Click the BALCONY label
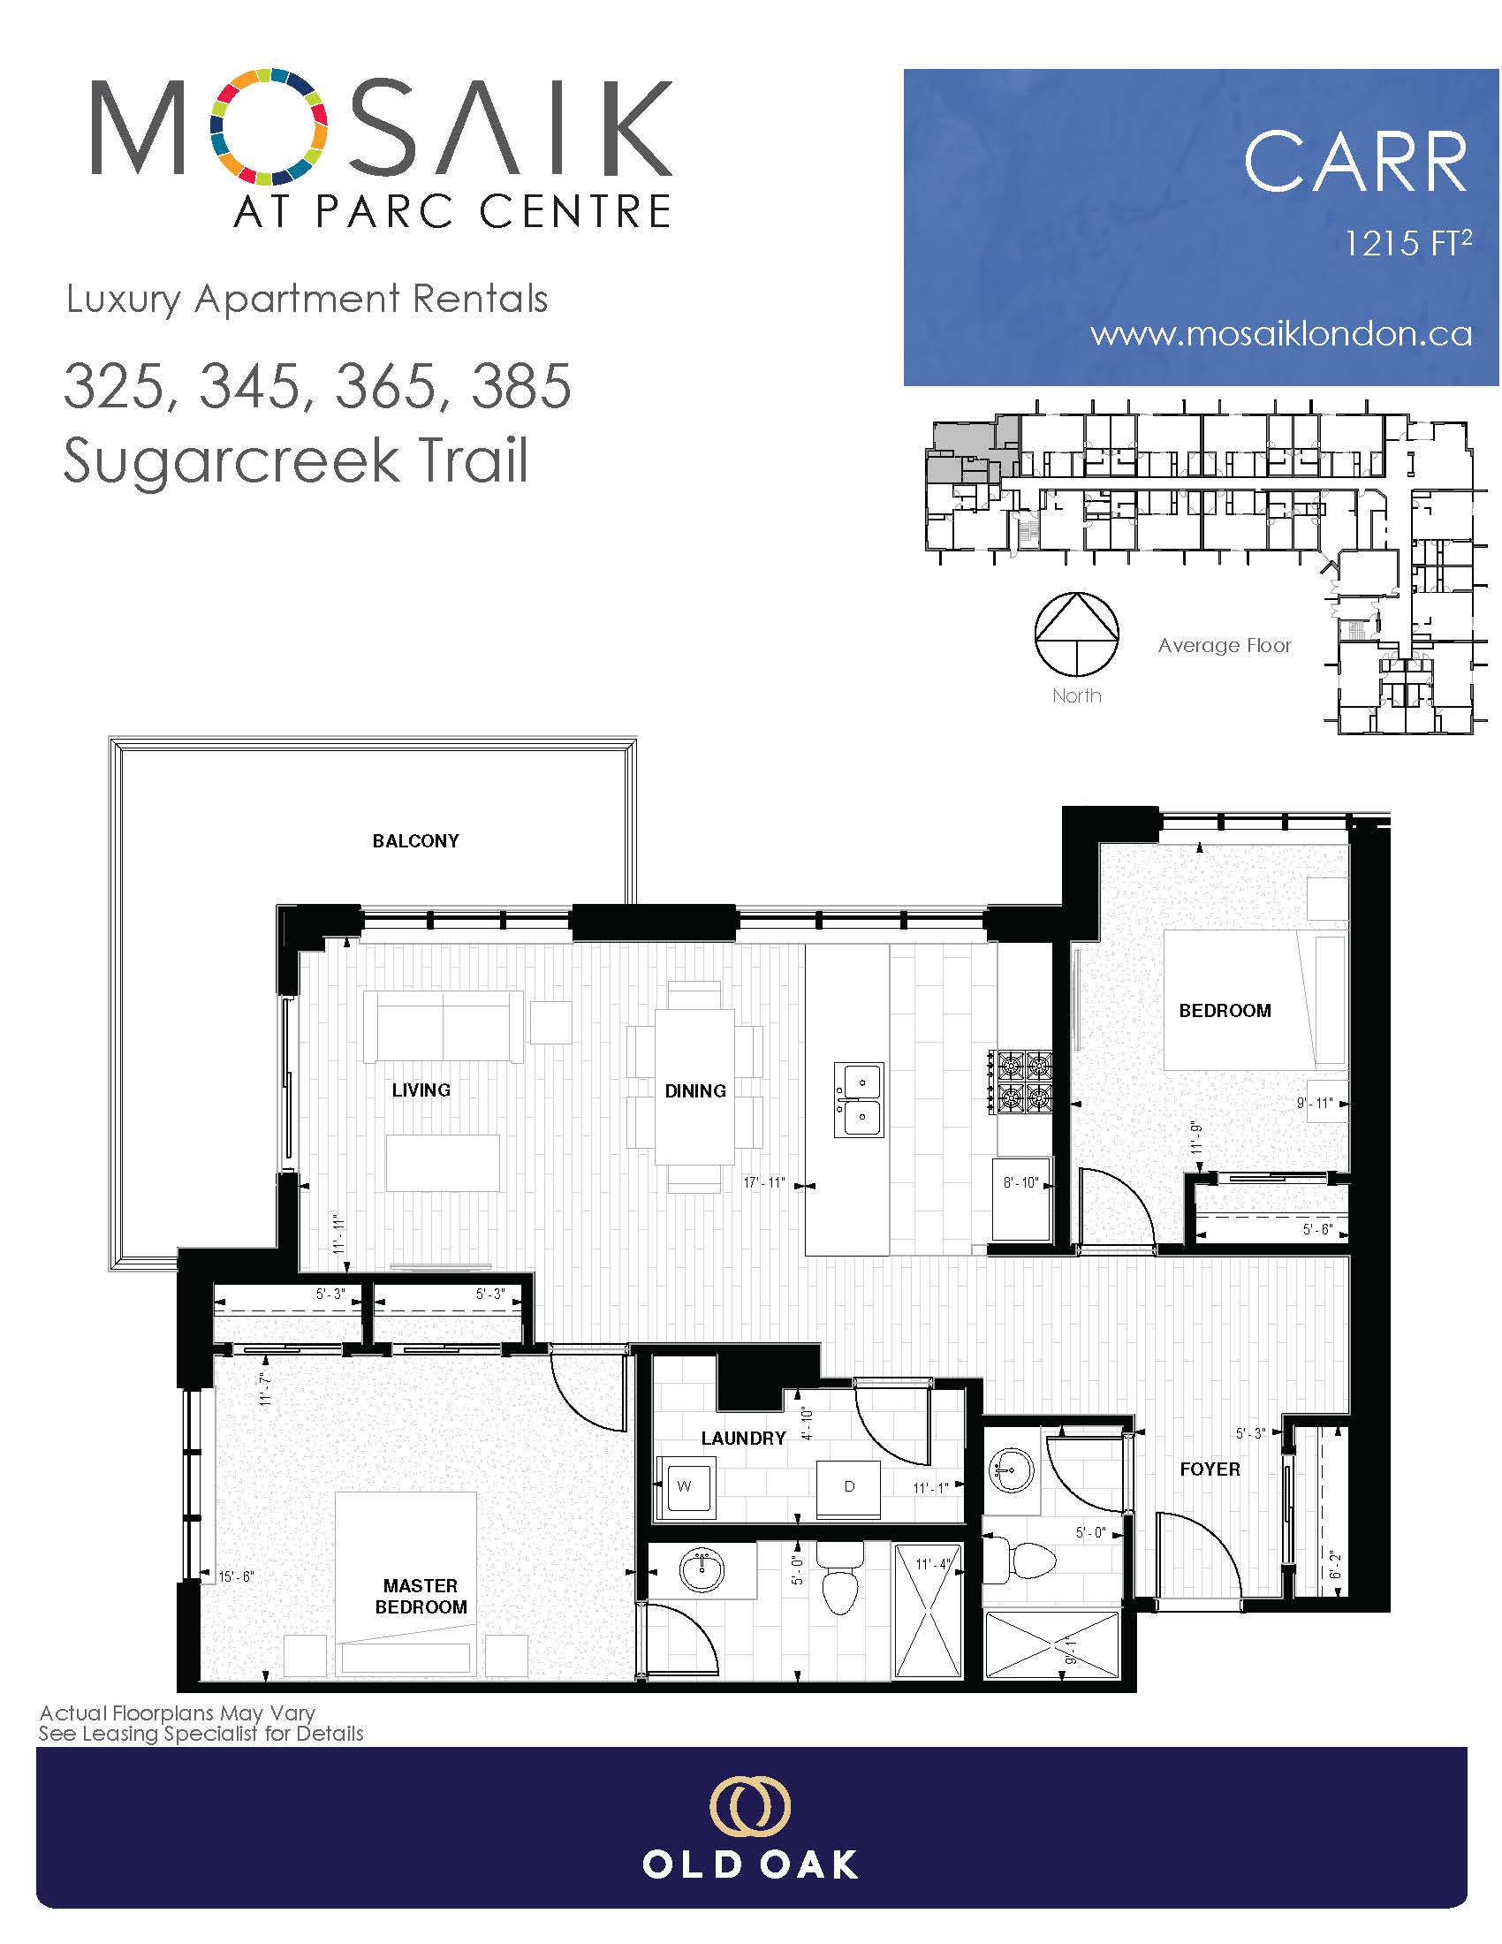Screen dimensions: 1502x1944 click(x=415, y=841)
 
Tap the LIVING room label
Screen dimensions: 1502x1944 click(x=421, y=1090)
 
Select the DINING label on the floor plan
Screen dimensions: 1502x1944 click(x=695, y=1090)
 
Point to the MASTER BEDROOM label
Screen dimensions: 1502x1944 click(x=421, y=1596)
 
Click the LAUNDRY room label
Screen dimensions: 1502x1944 click(x=743, y=1439)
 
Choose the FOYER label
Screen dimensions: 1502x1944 click(x=1210, y=1469)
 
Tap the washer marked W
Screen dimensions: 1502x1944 click(x=683, y=1486)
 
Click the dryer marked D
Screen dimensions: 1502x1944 click(x=849, y=1486)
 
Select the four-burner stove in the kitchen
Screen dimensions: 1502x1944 click(x=1020, y=1082)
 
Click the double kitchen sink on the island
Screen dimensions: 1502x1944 click(x=859, y=1100)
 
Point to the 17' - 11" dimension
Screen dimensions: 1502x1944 click(x=764, y=1183)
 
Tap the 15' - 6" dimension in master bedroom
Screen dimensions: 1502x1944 click(x=237, y=1576)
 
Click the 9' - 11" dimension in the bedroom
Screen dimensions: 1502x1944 click(x=1315, y=1104)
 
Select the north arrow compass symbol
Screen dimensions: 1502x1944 click(x=1076, y=634)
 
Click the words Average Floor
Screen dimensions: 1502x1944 click(x=1225, y=645)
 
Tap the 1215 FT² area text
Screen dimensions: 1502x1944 click(x=1407, y=242)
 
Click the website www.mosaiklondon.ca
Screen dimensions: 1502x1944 click(x=1281, y=334)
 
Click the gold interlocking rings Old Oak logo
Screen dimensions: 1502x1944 click(x=750, y=1807)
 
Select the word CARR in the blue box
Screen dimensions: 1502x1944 click(x=1355, y=162)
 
